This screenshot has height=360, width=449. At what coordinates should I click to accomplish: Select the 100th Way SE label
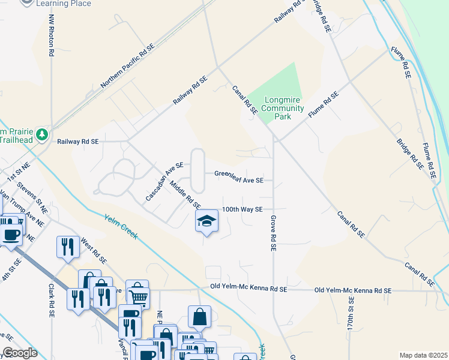tap(243, 209)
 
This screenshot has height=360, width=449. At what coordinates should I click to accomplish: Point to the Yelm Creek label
tap(121, 227)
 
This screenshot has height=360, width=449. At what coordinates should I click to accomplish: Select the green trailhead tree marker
tap(42, 134)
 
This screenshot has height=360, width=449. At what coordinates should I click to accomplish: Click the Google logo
tap(20, 353)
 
